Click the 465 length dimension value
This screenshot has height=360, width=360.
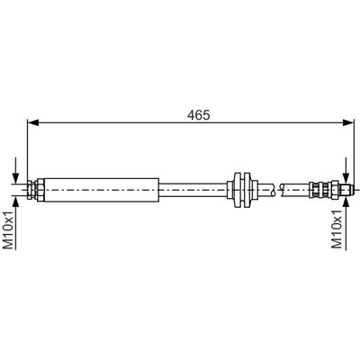click(x=198, y=115)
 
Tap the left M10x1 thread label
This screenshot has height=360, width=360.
click(x=9, y=229)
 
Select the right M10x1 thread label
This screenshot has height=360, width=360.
click(x=337, y=229)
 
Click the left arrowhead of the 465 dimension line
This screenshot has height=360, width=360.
click(x=33, y=122)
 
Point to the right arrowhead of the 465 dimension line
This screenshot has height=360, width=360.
click(x=349, y=122)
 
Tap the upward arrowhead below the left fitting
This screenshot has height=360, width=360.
click(x=15, y=202)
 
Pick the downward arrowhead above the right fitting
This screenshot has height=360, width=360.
click(x=346, y=178)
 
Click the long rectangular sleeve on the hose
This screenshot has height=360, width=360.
click(x=102, y=190)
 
